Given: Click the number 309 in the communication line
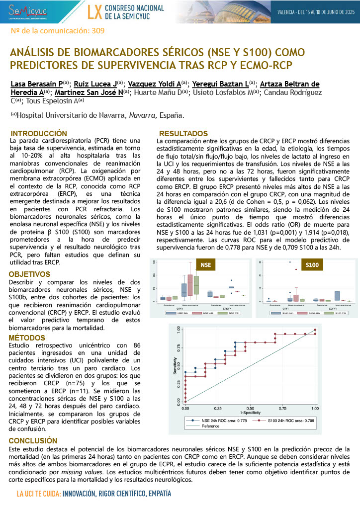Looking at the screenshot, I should click(98, 31).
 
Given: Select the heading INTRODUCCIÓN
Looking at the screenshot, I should click(39, 134).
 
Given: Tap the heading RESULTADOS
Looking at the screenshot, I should click(183, 134).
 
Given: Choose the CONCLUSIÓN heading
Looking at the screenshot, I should click(33, 440).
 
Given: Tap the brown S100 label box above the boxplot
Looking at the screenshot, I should click(312, 265).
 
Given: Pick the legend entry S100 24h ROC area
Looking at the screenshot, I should click(291, 421).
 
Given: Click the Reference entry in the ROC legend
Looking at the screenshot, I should click(211, 426).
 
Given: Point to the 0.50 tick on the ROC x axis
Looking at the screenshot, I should click(250, 408).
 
